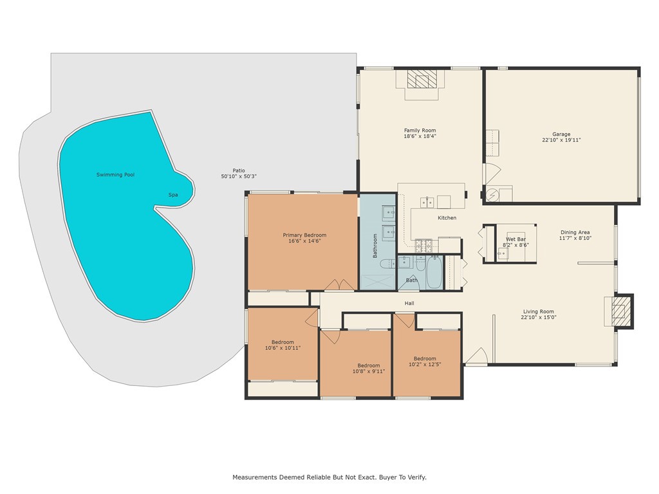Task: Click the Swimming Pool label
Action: click(x=115, y=175)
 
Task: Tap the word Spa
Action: click(x=172, y=195)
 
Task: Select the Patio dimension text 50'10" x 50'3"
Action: click(x=239, y=176)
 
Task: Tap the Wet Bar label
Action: click(x=515, y=239)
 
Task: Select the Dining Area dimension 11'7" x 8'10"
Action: click(x=575, y=238)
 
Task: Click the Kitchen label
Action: click(x=447, y=218)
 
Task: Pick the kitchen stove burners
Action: click(x=423, y=244)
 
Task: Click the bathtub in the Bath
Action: click(x=434, y=273)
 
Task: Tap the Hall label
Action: click(x=409, y=303)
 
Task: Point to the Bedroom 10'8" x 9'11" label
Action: click(x=369, y=368)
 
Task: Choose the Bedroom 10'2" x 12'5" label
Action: click(x=425, y=361)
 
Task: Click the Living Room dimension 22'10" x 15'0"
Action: click(x=538, y=317)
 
